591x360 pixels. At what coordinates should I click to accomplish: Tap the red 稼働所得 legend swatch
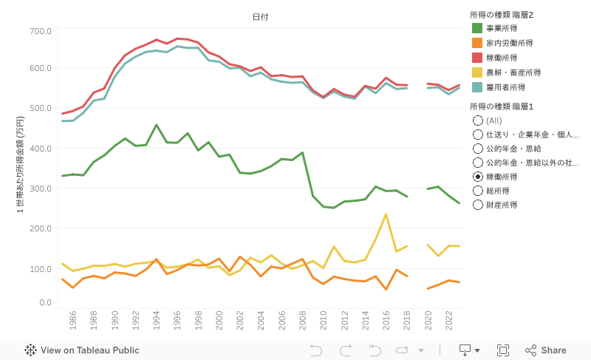478,58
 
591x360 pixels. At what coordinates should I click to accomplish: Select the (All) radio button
478,120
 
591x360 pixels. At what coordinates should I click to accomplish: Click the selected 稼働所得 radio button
478,177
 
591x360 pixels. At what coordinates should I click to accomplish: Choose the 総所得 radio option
478,191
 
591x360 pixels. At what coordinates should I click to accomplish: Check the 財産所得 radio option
478,205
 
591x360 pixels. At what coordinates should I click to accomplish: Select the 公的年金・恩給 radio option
478,149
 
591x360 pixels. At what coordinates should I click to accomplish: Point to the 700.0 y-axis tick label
41,31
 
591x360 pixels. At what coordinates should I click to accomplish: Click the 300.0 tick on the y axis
41,189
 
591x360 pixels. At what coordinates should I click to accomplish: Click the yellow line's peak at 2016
386,214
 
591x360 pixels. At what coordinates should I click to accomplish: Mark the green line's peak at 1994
157,125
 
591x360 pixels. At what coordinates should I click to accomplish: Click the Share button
546,350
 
